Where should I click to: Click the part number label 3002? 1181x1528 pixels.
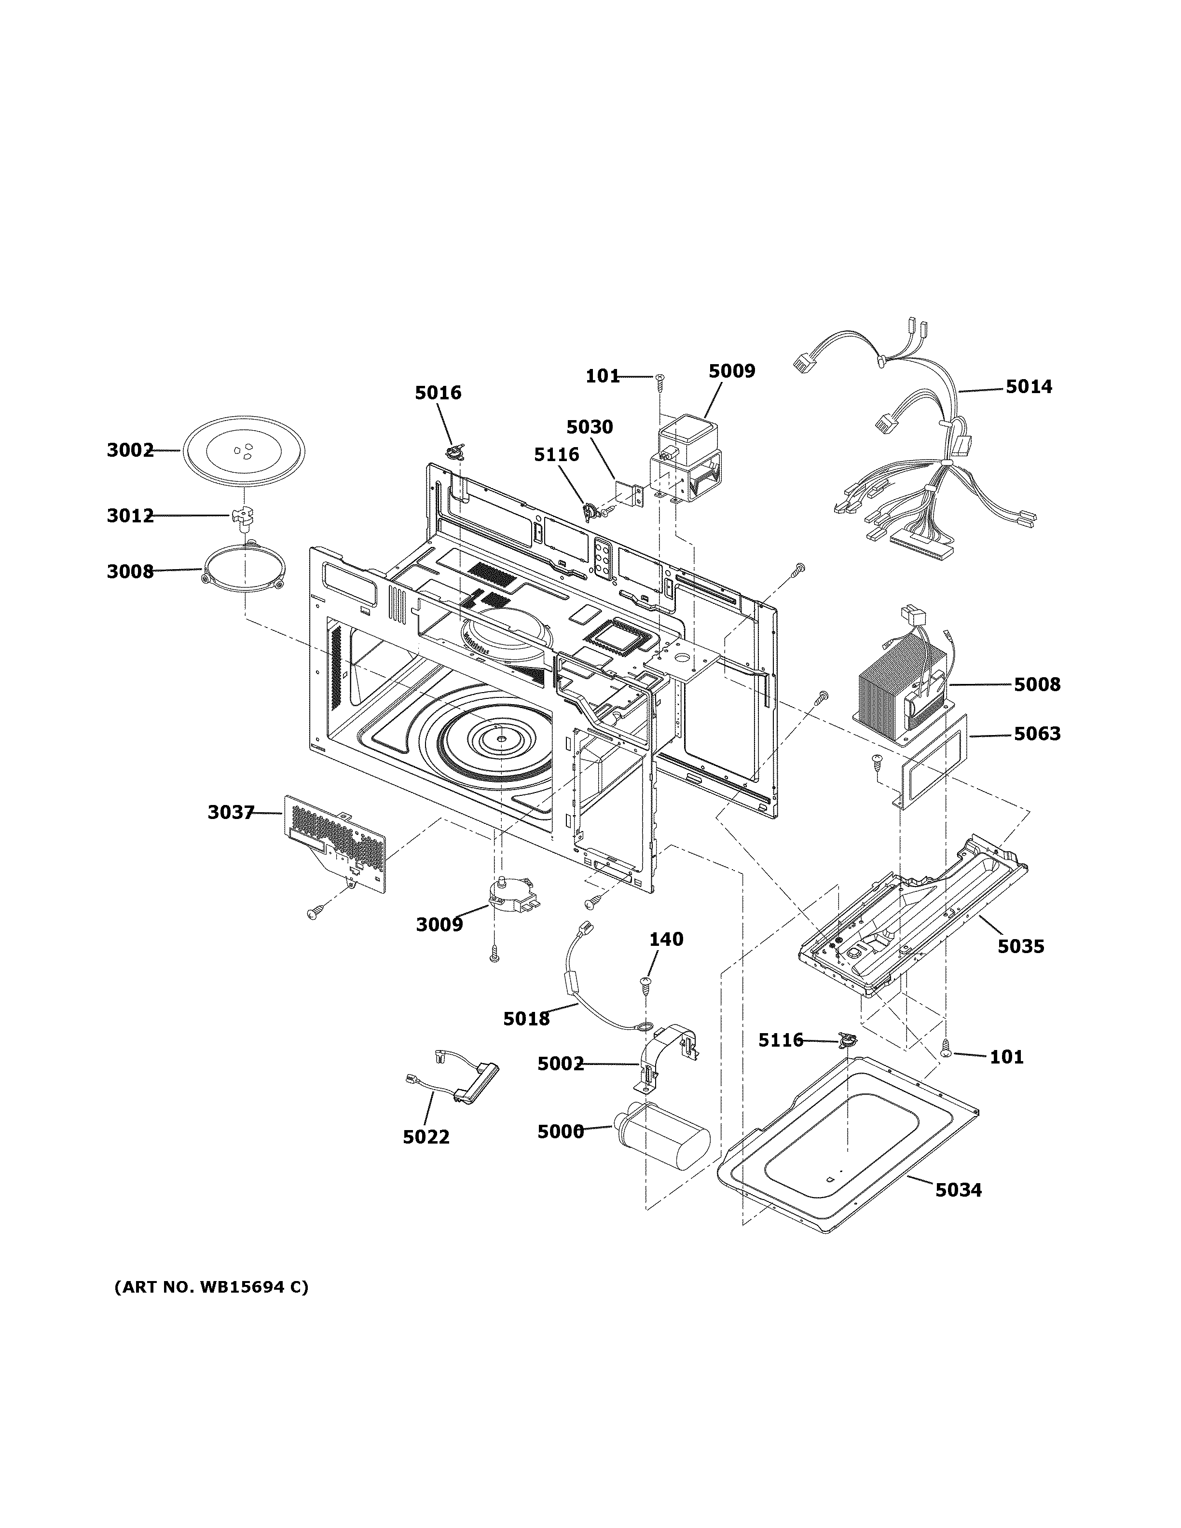click(130, 450)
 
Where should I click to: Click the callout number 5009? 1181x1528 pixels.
click(732, 371)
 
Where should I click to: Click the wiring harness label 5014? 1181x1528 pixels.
click(1029, 387)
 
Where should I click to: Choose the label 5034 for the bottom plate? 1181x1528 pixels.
click(959, 1190)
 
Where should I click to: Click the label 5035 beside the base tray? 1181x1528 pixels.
click(1021, 947)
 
